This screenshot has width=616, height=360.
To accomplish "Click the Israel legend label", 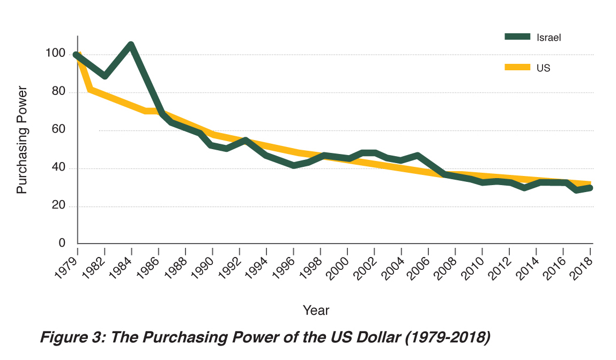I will (548, 37).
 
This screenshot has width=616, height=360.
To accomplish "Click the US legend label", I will (543, 68).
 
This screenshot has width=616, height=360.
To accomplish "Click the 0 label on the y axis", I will (62, 243).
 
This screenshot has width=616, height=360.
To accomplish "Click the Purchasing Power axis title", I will (21, 139).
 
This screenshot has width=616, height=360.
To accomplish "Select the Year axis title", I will (316, 310).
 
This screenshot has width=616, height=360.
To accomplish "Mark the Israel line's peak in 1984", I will (130, 45).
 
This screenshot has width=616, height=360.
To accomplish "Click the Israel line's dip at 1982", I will (105, 76).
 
